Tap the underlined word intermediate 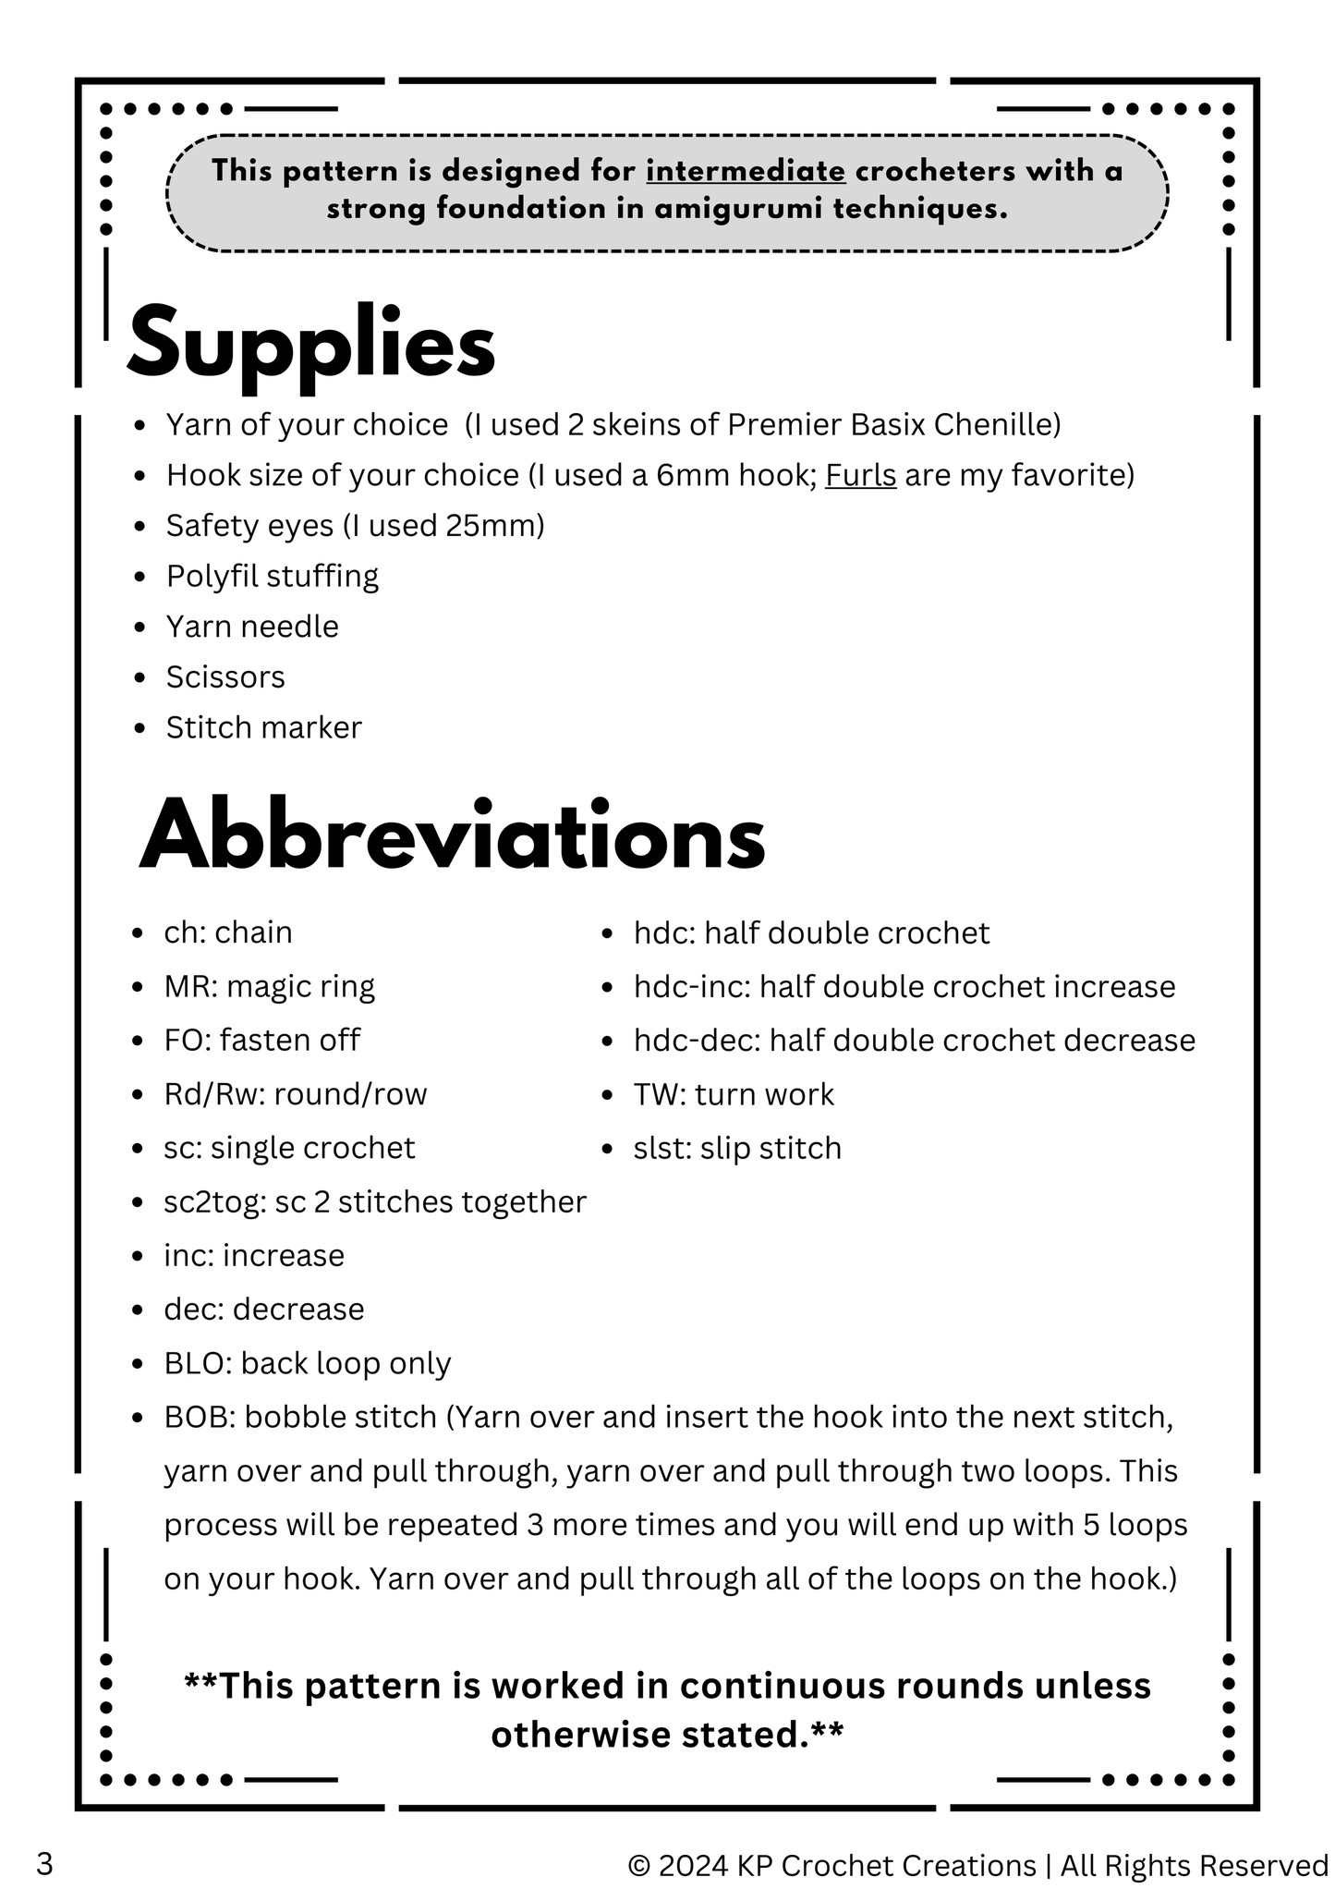[x=746, y=171]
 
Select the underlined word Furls [x=860, y=475]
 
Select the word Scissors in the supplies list [x=225, y=676]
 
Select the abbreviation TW [x=654, y=1094]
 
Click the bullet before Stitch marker [x=140, y=728]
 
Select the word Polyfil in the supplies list [x=211, y=576]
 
